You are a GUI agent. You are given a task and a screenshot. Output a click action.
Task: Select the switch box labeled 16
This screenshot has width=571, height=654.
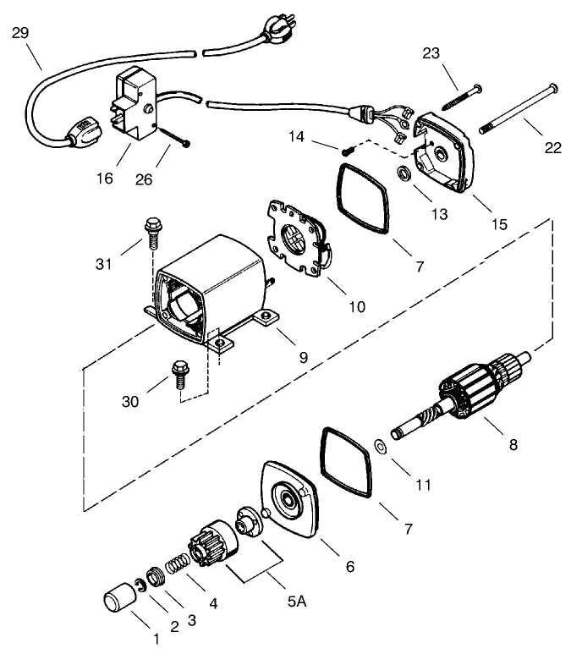point(135,108)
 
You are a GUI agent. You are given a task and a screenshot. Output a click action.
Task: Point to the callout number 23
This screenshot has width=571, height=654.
point(431,54)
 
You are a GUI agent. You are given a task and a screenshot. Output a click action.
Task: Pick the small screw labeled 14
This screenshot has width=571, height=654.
point(347,151)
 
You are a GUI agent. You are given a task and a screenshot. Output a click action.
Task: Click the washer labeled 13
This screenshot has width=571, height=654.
point(406,174)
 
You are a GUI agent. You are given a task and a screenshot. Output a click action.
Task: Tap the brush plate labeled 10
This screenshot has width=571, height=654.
point(298,239)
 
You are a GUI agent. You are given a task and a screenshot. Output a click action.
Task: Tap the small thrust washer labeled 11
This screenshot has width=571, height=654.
point(379,446)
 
